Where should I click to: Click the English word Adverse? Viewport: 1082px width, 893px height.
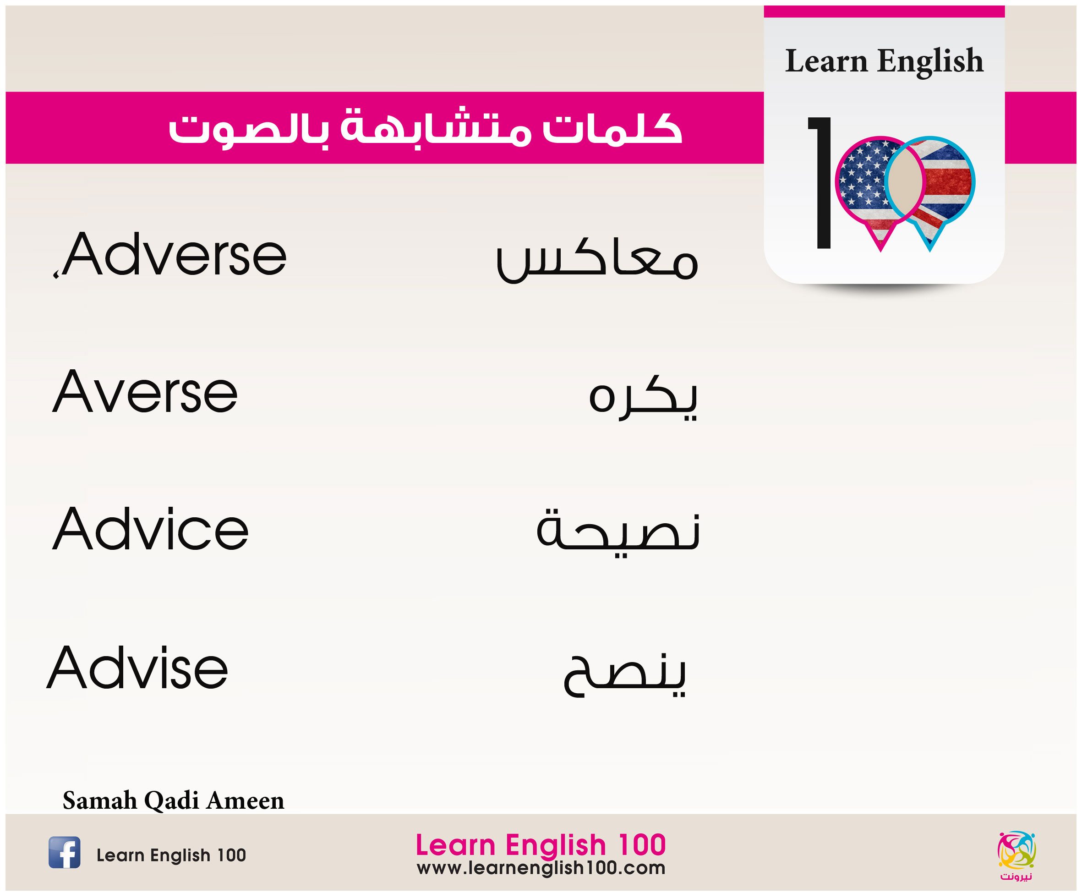click(175, 254)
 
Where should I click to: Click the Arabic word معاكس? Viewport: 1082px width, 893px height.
click(596, 261)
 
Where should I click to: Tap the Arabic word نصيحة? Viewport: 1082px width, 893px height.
click(618, 530)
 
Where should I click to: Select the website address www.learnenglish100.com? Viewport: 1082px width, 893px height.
click(541, 869)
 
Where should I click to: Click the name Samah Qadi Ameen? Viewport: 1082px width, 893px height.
click(173, 800)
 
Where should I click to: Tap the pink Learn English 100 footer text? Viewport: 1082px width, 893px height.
click(541, 845)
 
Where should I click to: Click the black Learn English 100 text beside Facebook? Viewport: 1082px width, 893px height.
click(171, 855)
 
